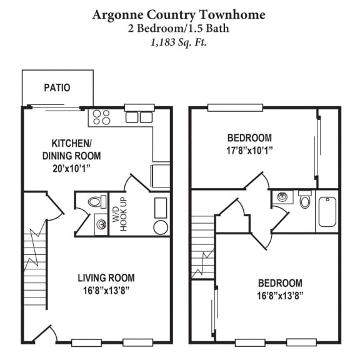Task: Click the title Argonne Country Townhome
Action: (x=179, y=14)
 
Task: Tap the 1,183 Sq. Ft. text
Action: (x=179, y=42)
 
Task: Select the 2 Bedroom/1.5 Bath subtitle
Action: (x=179, y=29)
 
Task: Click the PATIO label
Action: (x=57, y=88)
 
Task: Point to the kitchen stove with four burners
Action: (x=102, y=117)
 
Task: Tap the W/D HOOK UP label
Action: (x=119, y=214)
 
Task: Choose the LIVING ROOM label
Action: (x=106, y=278)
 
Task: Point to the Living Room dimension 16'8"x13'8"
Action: (x=106, y=291)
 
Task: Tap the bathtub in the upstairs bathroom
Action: (x=327, y=212)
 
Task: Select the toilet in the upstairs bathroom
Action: (x=305, y=201)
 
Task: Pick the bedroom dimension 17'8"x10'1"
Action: (x=249, y=150)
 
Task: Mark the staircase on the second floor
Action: (x=202, y=247)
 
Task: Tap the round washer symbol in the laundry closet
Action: (x=161, y=227)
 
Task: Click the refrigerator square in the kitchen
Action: (x=161, y=176)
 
